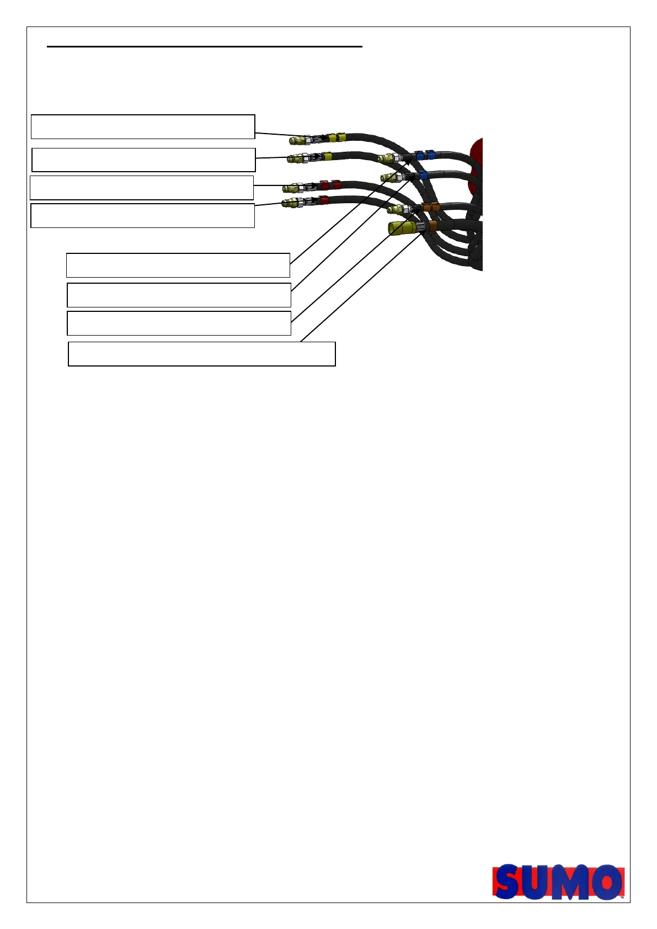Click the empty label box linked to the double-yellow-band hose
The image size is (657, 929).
pyautogui.click(x=142, y=126)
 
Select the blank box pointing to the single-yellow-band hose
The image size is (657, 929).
pyautogui.click(x=143, y=160)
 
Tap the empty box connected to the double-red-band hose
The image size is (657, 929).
pyautogui.click(x=141, y=188)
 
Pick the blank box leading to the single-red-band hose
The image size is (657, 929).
pyautogui.click(x=142, y=215)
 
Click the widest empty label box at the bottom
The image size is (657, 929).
pyautogui.click(x=201, y=354)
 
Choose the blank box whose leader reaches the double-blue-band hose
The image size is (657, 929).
pyautogui.click(x=178, y=265)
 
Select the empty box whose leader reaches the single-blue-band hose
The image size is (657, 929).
pyautogui.click(x=179, y=295)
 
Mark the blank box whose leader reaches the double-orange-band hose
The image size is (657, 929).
pyautogui.click(x=179, y=323)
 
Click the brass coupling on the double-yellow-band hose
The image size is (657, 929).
pyautogui.click(x=298, y=139)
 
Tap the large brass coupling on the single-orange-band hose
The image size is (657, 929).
pyautogui.click(x=402, y=227)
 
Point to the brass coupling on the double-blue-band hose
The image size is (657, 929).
pyautogui.click(x=387, y=158)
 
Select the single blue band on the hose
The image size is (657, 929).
pyautogui.click(x=423, y=176)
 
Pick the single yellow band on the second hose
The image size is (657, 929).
pyautogui.click(x=327, y=157)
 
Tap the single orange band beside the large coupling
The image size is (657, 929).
pyautogui.click(x=433, y=226)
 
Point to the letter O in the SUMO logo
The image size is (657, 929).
pyautogui.click(x=605, y=882)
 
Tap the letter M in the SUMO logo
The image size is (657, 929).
pyautogui.click(x=571, y=882)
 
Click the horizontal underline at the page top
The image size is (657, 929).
pyautogui.click(x=204, y=47)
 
